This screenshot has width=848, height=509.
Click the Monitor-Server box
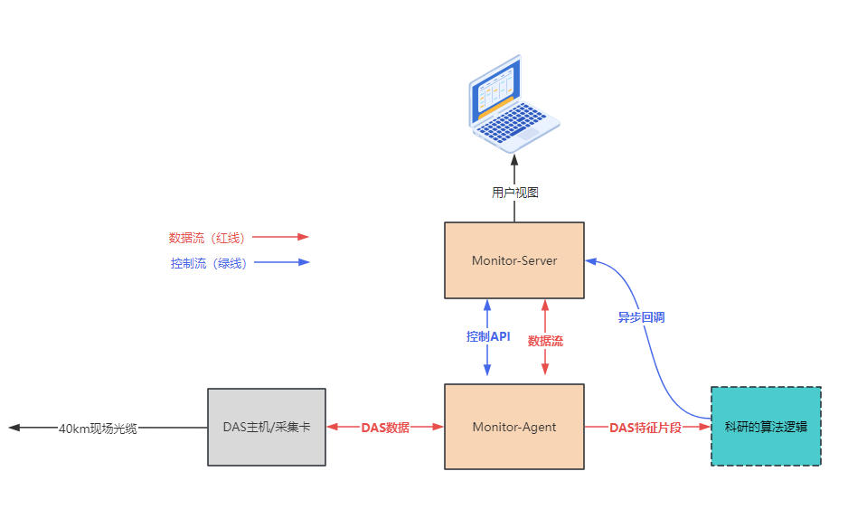[x=514, y=260]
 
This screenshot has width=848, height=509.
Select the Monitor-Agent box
[x=514, y=427]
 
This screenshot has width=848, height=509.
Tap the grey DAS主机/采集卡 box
[x=267, y=427]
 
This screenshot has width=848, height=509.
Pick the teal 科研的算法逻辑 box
[x=766, y=427]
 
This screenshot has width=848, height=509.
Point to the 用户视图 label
[x=515, y=192]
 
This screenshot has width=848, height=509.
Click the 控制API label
[x=488, y=336]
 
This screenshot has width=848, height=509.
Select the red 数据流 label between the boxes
[x=545, y=341]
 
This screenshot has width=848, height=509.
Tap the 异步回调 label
[x=642, y=317]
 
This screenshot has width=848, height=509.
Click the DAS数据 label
[x=385, y=428]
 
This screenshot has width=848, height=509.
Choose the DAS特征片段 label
[x=645, y=428]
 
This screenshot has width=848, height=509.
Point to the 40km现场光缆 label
[x=98, y=429]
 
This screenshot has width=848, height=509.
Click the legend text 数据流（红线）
[x=208, y=238]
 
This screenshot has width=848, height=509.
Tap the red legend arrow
[x=281, y=237]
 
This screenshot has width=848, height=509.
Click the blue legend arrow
[x=281, y=263]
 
